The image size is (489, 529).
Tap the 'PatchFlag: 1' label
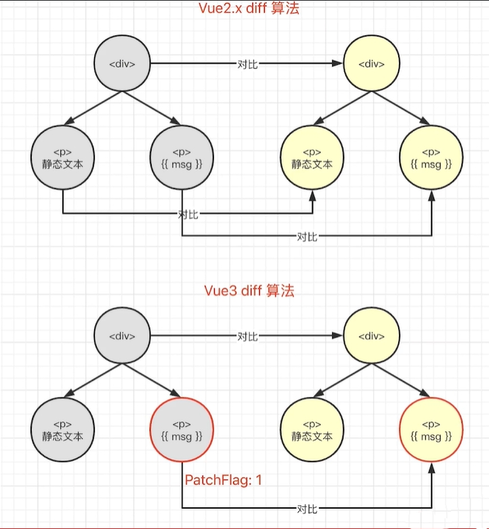pos(224,480)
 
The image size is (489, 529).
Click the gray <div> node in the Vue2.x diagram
pos(123,64)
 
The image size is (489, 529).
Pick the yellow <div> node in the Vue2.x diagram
pos(371,64)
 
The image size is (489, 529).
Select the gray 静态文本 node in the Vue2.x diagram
pos(62,158)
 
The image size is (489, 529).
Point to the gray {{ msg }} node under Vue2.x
pos(182,158)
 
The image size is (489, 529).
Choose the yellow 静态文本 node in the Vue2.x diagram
pos(312,158)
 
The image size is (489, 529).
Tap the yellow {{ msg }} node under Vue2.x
pos(431,158)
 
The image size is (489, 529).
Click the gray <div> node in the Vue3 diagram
pos(123,336)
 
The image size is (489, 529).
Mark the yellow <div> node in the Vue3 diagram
pos(371,336)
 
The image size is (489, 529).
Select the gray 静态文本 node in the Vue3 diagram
pos(62,430)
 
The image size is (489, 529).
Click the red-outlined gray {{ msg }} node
pos(182,430)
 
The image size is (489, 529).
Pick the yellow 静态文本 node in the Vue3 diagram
pos(312,430)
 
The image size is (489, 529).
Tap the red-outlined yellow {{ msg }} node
pos(431,430)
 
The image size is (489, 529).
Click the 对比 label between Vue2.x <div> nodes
pos(247,64)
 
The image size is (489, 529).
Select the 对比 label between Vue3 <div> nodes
pos(247,336)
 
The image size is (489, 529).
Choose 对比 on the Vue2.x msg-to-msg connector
pos(307,236)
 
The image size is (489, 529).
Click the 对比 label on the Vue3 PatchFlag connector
pos(307,508)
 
